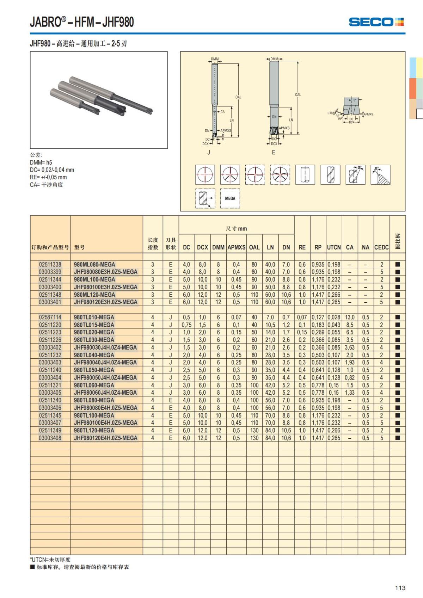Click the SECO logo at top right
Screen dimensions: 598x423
(x=376, y=22)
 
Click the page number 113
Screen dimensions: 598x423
(x=400, y=588)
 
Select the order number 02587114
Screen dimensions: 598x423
(x=50, y=317)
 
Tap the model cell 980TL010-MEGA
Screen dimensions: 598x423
(x=94, y=317)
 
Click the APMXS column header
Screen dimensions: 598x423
(x=236, y=247)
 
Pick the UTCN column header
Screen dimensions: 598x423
(x=334, y=247)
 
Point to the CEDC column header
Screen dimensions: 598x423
(x=381, y=247)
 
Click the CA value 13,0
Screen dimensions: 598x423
(x=350, y=317)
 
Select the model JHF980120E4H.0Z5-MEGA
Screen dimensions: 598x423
(x=105, y=438)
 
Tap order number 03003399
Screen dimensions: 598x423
(x=50, y=272)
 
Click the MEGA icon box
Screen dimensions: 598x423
(x=230, y=198)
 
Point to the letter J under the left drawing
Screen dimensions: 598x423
(x=209, y=153)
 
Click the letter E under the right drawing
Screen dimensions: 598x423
(x=274, y=153)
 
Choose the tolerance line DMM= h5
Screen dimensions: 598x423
(x=41, y=162)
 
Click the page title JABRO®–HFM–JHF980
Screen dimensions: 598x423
(x=82, y=22)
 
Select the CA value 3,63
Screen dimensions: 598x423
(x=350, y=347)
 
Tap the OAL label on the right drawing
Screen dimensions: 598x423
(x=298, y=95)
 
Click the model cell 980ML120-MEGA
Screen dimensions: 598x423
(x=94, y=295)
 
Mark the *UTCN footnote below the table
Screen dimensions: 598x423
(x=50, y=560)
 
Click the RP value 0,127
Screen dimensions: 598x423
(x=318, y=317)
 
